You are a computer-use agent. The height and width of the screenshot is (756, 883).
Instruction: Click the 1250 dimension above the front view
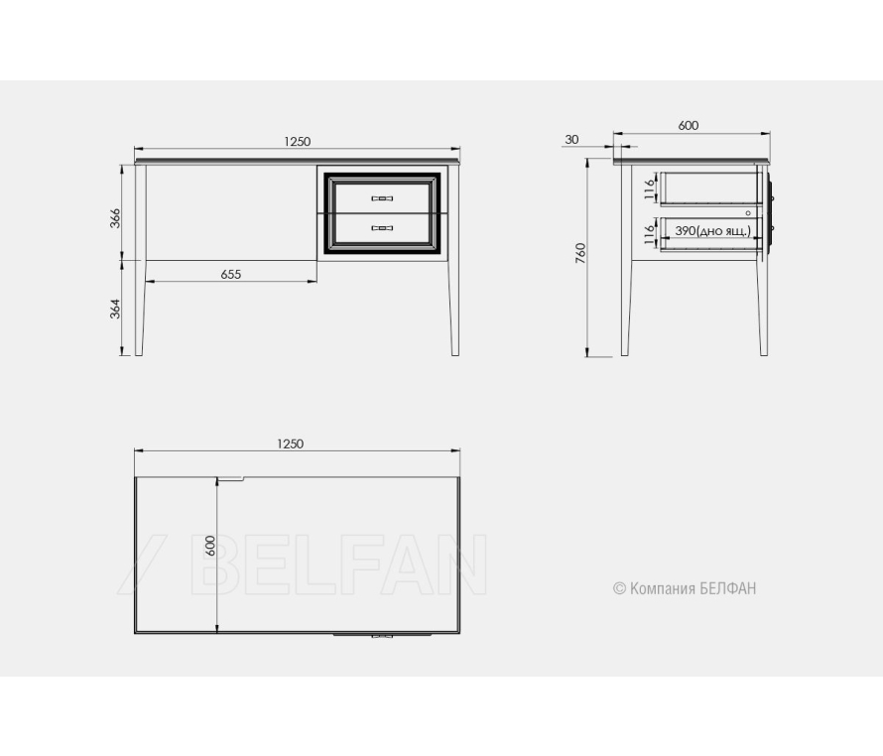point(297,142)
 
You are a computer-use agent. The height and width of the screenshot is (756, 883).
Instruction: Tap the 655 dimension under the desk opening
point(231,275)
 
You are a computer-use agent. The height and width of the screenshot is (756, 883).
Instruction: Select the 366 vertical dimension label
point(115,218)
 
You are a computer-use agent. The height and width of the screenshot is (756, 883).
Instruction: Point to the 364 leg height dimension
point(115,309)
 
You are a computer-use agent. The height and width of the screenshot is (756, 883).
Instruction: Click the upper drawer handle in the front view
point(382,198)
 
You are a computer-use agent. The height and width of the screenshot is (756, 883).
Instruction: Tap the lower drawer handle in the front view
point(382,228)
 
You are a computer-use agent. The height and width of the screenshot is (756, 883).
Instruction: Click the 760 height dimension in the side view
point(581,253)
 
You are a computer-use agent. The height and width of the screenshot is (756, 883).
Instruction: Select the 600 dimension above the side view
point(689,126)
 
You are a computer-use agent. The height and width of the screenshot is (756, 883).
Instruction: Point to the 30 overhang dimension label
point(571,140)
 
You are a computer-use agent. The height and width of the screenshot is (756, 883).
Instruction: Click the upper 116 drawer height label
point(650,189)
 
